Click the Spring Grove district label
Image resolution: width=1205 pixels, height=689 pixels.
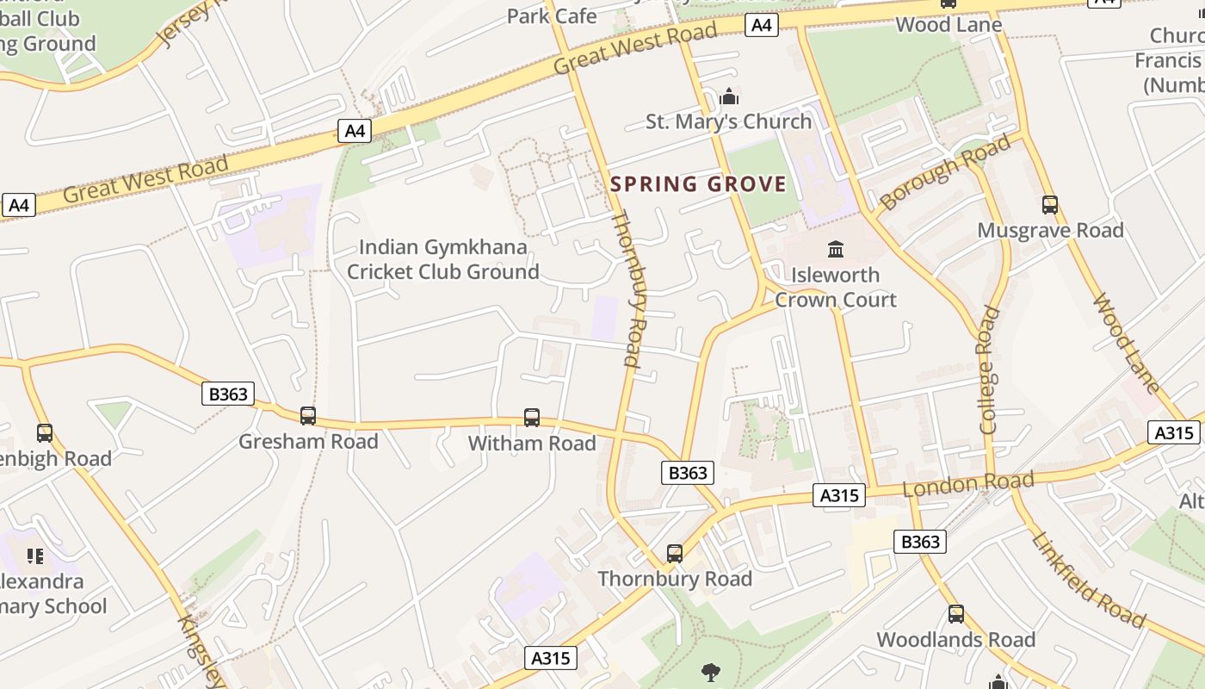point(698,183)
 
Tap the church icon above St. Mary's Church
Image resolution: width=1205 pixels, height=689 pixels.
point(729,96)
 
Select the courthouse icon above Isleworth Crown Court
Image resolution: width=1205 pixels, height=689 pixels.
point(835,250)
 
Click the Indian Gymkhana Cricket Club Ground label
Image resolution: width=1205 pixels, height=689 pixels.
point(442,260)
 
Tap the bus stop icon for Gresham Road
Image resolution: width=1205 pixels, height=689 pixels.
point(308,416)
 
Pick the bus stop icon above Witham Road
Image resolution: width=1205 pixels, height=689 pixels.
point(532,418)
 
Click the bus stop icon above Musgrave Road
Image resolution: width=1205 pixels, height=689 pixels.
point(1049,205)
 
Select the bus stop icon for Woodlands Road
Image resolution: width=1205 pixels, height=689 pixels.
point(955,614)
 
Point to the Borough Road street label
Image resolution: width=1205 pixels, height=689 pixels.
point(945,173)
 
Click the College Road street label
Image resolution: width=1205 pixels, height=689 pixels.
point(988,370)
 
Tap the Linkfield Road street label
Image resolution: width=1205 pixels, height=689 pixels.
point(1088,580)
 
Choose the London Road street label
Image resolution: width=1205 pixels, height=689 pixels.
point(967,484)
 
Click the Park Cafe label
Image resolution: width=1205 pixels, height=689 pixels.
point(552,16)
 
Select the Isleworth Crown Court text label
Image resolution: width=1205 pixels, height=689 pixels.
point(835,288)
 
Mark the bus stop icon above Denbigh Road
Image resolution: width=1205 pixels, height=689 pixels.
point(45,433)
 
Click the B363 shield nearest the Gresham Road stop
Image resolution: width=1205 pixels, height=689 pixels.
point(228,394)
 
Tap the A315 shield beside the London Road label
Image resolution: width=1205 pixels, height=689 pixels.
point(838,495)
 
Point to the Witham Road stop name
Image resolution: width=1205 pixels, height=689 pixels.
point(532,444)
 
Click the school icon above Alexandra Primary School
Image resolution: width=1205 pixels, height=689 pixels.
point(34,556)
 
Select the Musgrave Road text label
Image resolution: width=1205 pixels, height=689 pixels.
point(1050,231)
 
